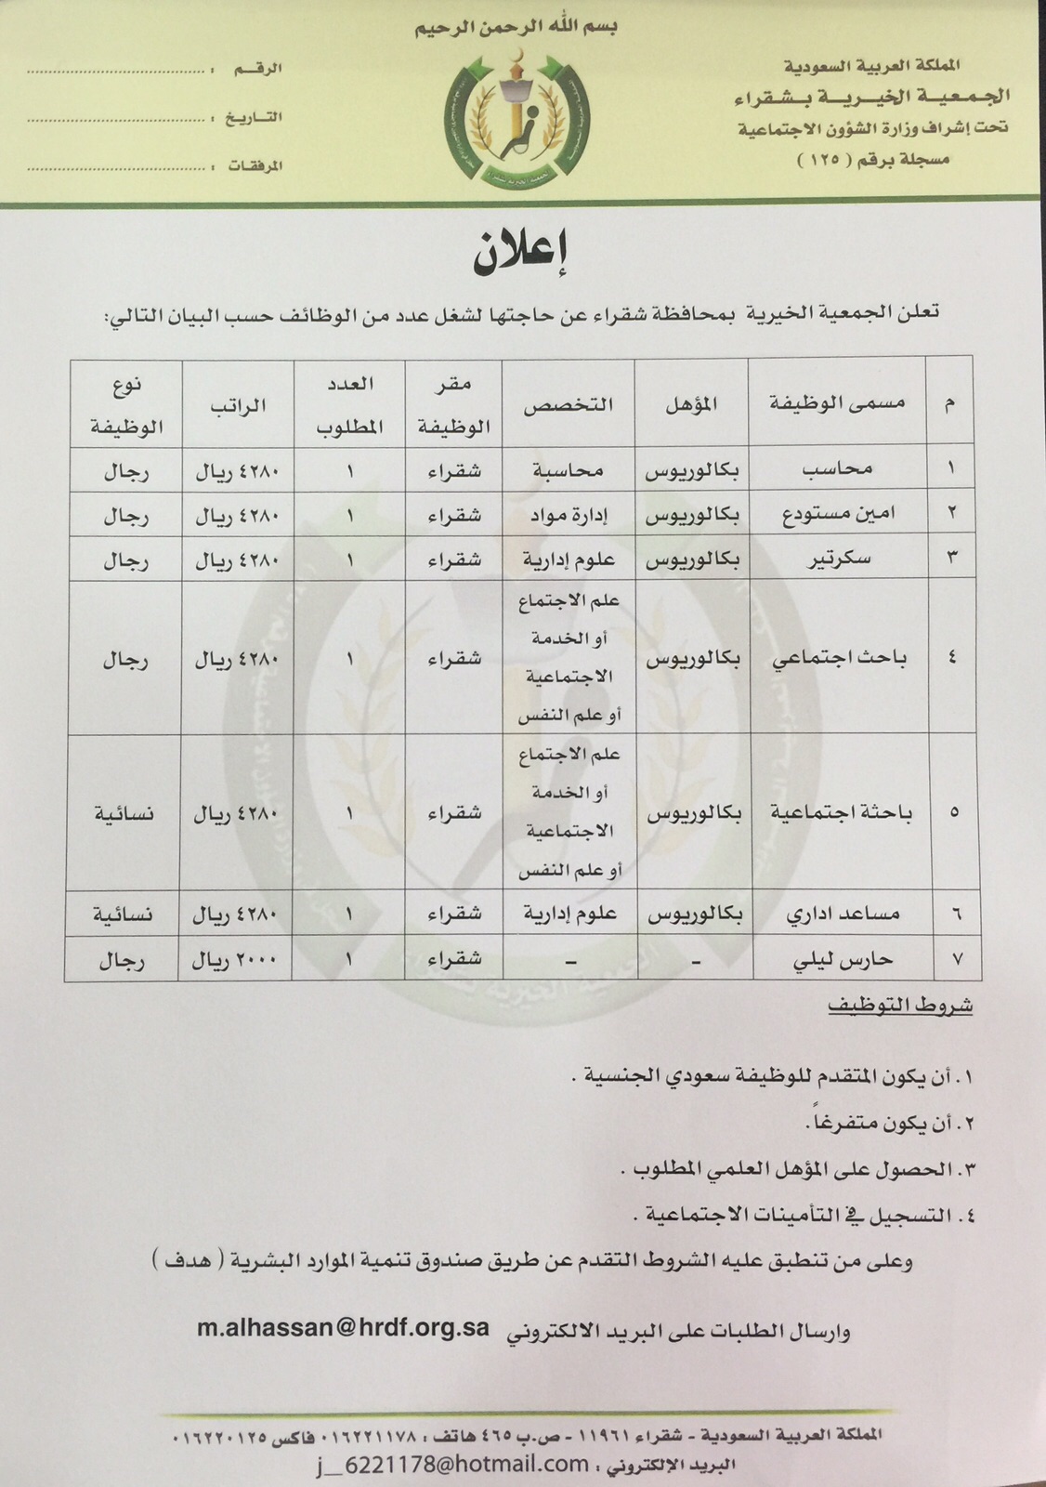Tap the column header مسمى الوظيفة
pyautogui.click(x=838, y=402)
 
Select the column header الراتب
pyautogui.click(x=239, y=404)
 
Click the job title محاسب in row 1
pyautogui.click(x=837, y=470)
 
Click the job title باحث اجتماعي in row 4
pyautogui.click(x=840, y=658)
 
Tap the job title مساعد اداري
pyautogui.click(x=842, y=914)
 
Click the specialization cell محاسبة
pyautogui.click(x=568, y=470)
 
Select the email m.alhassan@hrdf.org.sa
pyautogui.click(x=343, y=1327)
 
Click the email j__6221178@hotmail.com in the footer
pyautogui.click(x=451, y=1464)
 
